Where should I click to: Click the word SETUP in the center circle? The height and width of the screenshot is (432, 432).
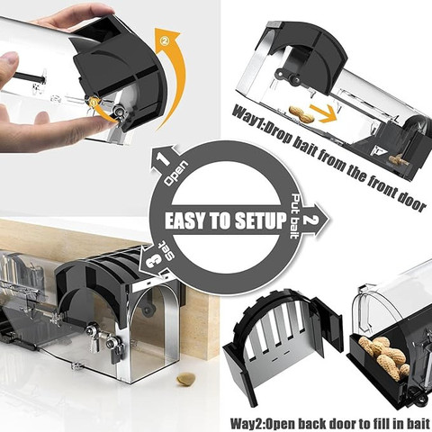pyautogui.click(x=260, y=221)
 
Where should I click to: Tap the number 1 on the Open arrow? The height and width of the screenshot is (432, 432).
pyautogui.click(x=164, y=159)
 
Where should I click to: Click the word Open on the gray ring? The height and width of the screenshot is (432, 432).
pyautogui.click(x=177, y=174)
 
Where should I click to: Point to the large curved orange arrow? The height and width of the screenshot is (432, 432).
pyautogui.click(x=171, y=75)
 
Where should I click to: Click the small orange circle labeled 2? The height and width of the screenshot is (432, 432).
pyautogui.click(x=165, y=43)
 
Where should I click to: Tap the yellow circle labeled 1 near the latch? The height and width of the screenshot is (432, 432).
pyautogui.click(x=93, y=103)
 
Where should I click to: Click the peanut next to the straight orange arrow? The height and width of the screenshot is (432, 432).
pyautogui.click(x=301, y=114)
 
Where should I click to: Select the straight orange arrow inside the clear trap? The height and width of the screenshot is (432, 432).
pyautogui.click(x=324, y=113)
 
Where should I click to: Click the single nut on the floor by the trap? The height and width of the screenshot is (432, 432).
pyautogui.click(x=186, y=379)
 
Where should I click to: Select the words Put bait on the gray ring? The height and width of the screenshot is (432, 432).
pyautogui.click(x=295, y=216)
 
